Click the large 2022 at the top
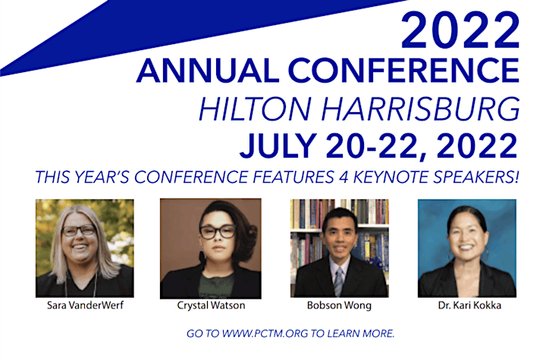[460, 30]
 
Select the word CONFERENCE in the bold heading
[404, 70]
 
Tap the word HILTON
[255, 109]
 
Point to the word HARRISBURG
[421, 109]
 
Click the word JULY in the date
[278, 146]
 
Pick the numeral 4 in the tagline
[344, 177]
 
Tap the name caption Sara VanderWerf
[85, 305]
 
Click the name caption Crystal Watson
[211, 305]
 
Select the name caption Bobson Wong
[339, 305]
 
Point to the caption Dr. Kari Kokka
[469, 305]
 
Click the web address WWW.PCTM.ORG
[265, 333]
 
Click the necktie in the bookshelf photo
[339, 281]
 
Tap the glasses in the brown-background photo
[218, 232]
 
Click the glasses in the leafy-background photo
[79, 230]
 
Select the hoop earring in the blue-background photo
[485, 254]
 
